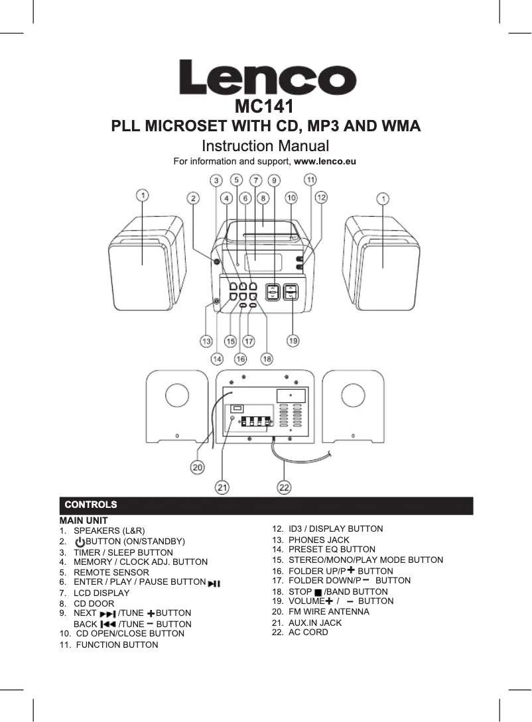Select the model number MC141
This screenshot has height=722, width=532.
(265, 106)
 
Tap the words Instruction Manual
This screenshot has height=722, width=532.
(265, 145)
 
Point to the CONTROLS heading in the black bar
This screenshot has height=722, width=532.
(89, 506)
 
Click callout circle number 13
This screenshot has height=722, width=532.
(207, 341)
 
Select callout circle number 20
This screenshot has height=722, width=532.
(198, 467)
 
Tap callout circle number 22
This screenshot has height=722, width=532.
(284, 487)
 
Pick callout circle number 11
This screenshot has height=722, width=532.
(310, 180)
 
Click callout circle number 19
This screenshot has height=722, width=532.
(293, 341)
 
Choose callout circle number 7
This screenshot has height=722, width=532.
(255, 180)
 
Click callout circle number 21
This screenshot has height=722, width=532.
(222, 487)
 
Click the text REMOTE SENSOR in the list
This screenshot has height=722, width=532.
(111, 572)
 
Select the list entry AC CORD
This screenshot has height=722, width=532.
(308, 632)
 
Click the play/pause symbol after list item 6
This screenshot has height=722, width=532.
(214, 583)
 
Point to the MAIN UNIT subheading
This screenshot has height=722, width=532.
(84, 520)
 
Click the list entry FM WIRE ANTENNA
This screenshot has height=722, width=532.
(329, 612)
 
